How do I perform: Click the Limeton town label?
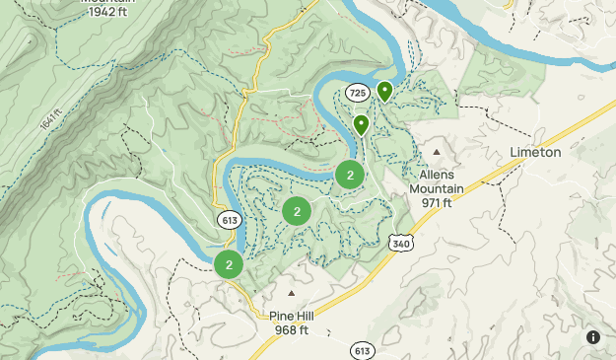(x=535, y=152)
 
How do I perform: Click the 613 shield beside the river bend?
(x=231, y=220)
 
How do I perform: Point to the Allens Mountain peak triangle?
(x=437, y=152)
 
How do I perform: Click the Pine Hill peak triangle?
(x=291, y=293)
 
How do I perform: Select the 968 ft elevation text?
(x=291, y=329)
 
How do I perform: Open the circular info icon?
(x=593, y=337)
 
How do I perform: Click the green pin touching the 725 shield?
(x=384, y=92)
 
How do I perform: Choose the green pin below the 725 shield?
(x=362, y=125)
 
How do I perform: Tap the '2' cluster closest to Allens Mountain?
(x=350, y=175)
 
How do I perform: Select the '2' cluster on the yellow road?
(x=229, y=264)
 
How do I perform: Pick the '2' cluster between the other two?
(x=297, y=210)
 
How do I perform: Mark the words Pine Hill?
(x=292, y=316)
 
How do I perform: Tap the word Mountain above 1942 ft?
(x=108, y=2)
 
